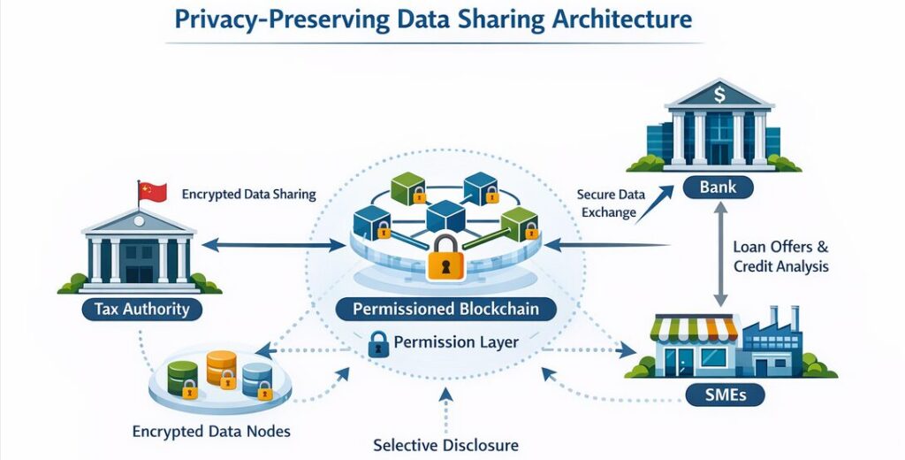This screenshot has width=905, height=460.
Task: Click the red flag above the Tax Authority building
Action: [x=153, y=190]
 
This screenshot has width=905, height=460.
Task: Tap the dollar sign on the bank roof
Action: [x=719, y=91]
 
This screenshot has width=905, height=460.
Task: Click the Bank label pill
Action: [x=717, y=188]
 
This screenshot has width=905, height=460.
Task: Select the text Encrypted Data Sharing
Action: [x=248, y=193]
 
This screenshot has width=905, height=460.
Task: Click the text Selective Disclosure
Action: [x=445, y=445]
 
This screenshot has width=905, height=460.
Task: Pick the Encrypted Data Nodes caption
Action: [x=211, y=432]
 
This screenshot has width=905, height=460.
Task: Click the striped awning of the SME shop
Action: [x=694, y=329]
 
